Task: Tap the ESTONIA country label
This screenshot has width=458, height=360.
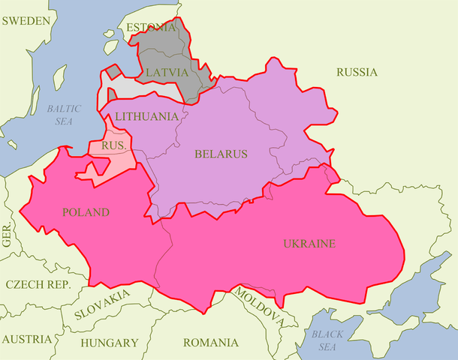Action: [151, 28]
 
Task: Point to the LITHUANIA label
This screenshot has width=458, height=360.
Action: [146, 116]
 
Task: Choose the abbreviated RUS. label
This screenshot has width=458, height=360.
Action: [113, 145]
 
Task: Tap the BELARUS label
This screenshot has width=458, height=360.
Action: [221, 154]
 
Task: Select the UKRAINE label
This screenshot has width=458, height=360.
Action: [309, 244]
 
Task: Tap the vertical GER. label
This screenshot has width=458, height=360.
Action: [8, 236]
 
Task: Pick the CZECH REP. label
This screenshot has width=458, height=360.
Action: [38, 285]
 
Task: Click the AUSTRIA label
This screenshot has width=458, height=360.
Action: [26, 339]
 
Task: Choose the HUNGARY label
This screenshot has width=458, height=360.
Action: [110, 343]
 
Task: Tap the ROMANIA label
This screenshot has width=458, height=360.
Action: [209, 343]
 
